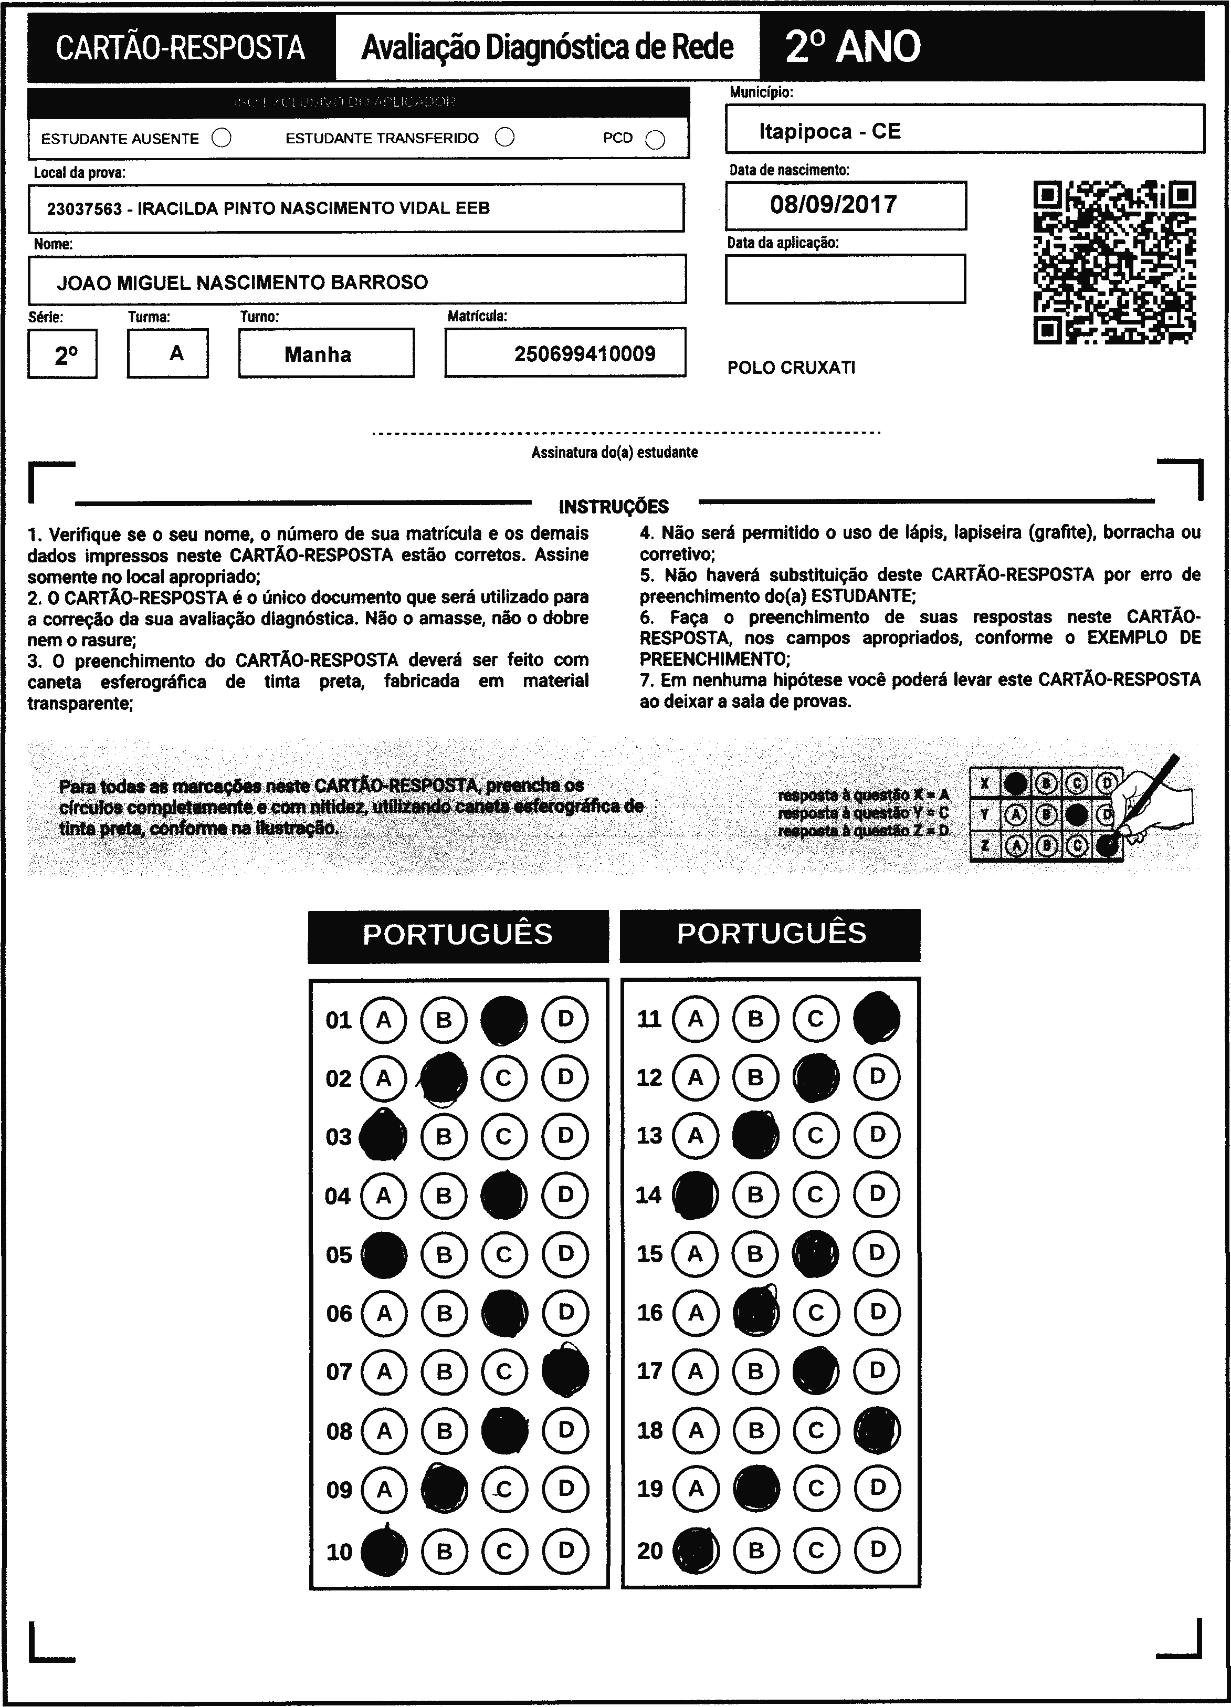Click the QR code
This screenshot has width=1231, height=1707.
pos(1114,262)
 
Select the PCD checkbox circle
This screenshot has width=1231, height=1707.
pos(655,140)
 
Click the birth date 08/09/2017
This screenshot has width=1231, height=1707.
pos(833,205)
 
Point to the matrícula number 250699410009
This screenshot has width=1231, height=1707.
pos(585,354)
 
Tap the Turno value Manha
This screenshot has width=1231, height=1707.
pos(318,354)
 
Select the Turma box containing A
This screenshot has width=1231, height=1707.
pos(168,353)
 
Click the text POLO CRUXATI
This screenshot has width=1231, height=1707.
pos(791,368)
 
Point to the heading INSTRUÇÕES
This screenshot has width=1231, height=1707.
pos(613,507)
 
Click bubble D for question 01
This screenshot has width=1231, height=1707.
pos(565,1019)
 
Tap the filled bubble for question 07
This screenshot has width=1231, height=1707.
pos(565,1371)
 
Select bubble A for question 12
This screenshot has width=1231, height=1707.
pos(695,1077)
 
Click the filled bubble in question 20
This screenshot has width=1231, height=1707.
pos(695,1549)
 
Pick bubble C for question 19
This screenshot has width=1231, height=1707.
pos(816,1488)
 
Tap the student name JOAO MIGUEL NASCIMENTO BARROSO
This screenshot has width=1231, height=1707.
pos(243,282)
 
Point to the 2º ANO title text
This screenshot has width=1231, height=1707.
pos(853,47)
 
